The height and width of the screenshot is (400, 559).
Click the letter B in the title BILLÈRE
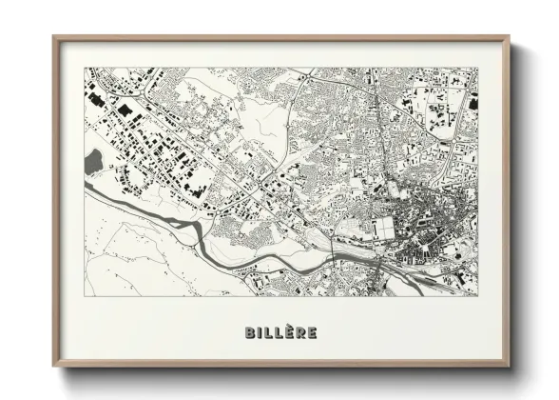[x=250, y=333]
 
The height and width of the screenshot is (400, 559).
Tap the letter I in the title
[x=260, y=333]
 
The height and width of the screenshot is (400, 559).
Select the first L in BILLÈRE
[x=268, y=333]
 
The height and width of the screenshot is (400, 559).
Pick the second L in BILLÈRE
[x=278, y=333]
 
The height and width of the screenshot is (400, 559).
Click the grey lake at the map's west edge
[x=93, y=162]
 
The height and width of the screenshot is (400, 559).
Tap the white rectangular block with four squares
[x=383, y=228]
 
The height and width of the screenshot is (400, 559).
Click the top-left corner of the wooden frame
[x=53, y=37]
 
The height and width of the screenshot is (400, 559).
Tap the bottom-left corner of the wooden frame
[x=53, y=366]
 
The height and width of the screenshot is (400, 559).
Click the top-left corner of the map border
[x=85, y=68]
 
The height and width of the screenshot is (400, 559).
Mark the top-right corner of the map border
[x=478, y=68]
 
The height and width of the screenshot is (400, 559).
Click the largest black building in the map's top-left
[x=124, y=112]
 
